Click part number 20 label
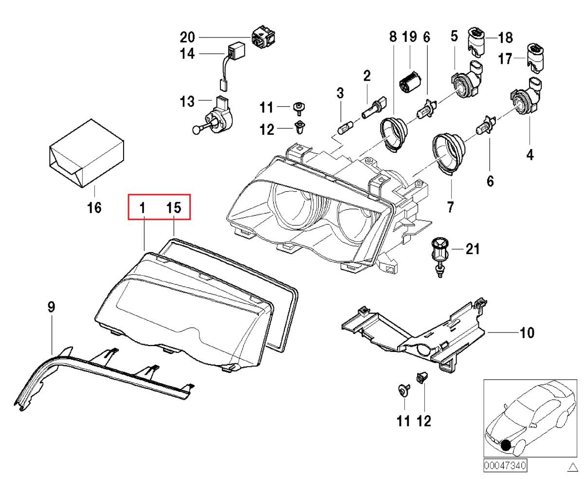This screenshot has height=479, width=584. coord(187,37)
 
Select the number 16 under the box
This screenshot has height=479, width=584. coord(94,208)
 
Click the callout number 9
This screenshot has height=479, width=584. coord(51,307)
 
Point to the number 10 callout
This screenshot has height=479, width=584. coord(527,333)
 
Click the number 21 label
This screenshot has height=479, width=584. coord(473,250)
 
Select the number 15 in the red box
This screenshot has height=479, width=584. coord(174,208)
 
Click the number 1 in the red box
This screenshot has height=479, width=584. coord(143,208)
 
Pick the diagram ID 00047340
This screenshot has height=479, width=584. coord(505,465)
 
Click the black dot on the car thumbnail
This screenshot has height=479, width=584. coord(507,444)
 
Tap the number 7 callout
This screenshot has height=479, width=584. coord(451,207)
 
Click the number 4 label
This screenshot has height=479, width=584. coord(529,155)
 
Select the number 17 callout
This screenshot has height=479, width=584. coord(506,59)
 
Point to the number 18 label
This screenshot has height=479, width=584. coord(506,37)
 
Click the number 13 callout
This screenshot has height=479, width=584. coord(187,102)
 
